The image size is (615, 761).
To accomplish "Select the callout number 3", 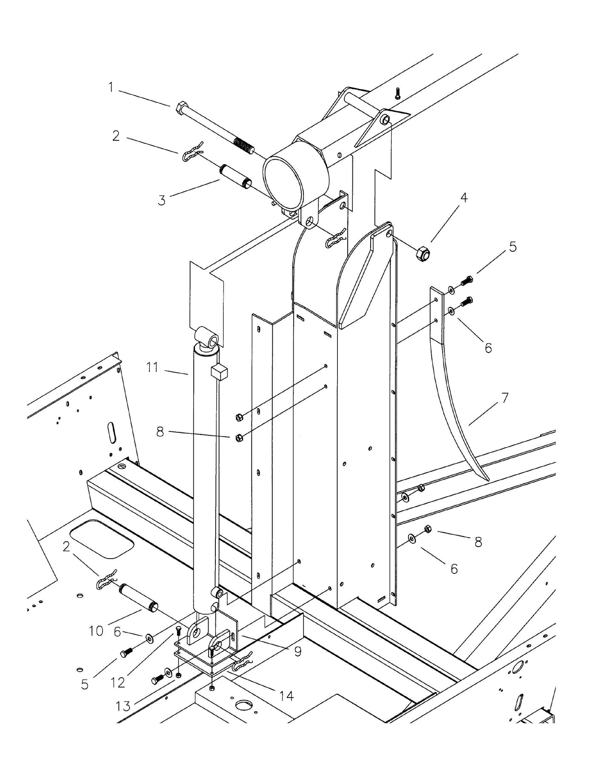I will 162,200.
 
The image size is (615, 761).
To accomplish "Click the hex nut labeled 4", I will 423,254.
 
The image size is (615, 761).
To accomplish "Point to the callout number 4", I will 464,197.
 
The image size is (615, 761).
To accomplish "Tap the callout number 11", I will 152,367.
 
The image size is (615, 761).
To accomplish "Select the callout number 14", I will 286,696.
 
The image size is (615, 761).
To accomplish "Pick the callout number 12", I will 118,682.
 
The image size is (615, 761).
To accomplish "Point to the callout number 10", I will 97,631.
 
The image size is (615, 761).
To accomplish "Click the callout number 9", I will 297,651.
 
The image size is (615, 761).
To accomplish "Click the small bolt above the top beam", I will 397,93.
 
